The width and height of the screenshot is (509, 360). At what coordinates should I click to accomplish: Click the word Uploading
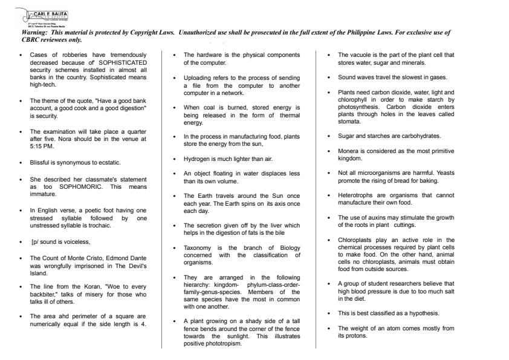pos(196,78)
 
